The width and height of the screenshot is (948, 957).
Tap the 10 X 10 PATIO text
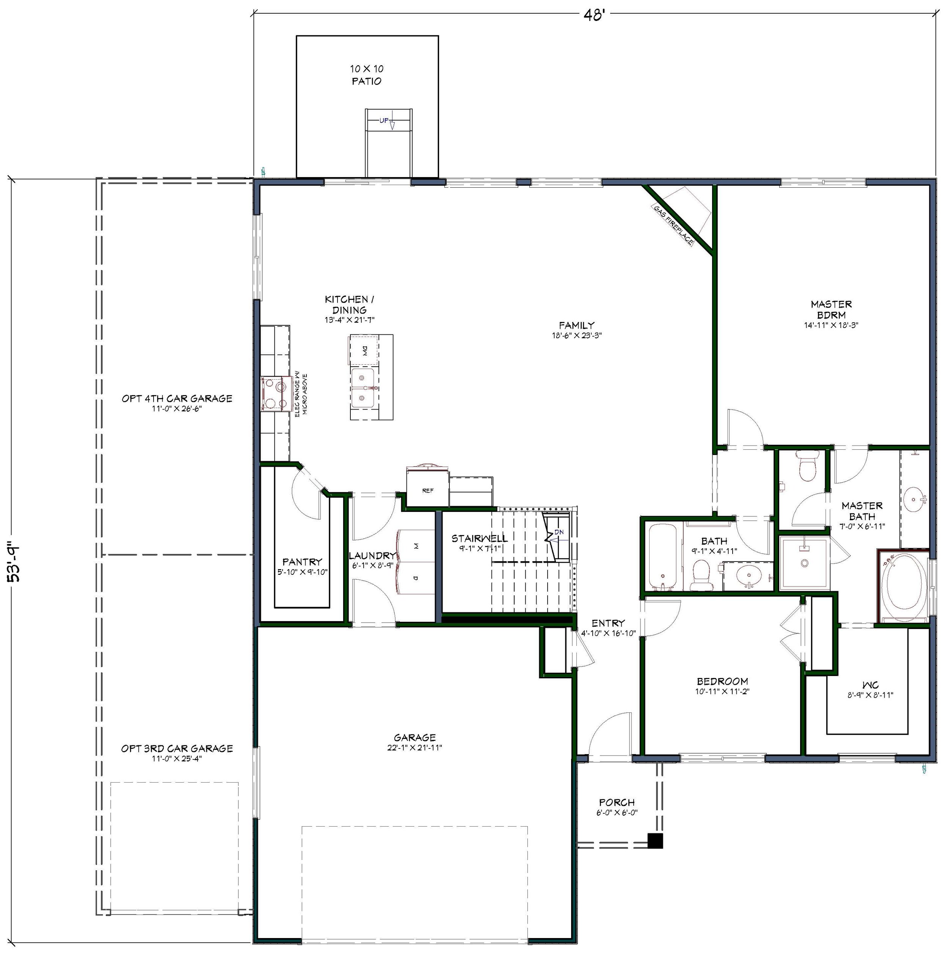(367, 75)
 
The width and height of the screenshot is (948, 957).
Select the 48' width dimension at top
(594, 15)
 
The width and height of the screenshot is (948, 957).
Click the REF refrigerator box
(427, 489)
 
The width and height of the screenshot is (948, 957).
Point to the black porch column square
(655, 841)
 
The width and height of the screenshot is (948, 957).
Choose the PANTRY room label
(302, 561)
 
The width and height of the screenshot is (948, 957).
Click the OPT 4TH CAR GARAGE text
(177, 398)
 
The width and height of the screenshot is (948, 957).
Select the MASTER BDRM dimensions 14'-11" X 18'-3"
(831, 325)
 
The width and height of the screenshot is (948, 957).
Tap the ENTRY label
(608, 623)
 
